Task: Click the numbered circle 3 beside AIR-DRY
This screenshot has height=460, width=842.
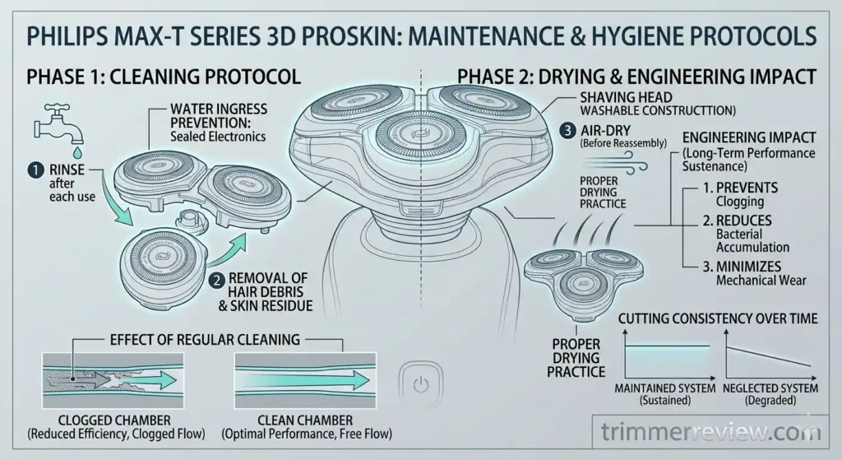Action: pyautogui.click(x=567, y=130)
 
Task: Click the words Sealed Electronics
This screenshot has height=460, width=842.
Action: pyautogui.click(x=217, y=137)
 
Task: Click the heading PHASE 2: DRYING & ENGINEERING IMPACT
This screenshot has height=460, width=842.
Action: pyautogui.click(x=636, y=77)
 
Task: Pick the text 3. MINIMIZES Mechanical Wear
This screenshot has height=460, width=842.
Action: pyautogui.click(x=734, y=272)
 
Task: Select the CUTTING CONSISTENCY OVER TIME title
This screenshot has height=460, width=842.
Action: pyautogui.click(x=717, y=318)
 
